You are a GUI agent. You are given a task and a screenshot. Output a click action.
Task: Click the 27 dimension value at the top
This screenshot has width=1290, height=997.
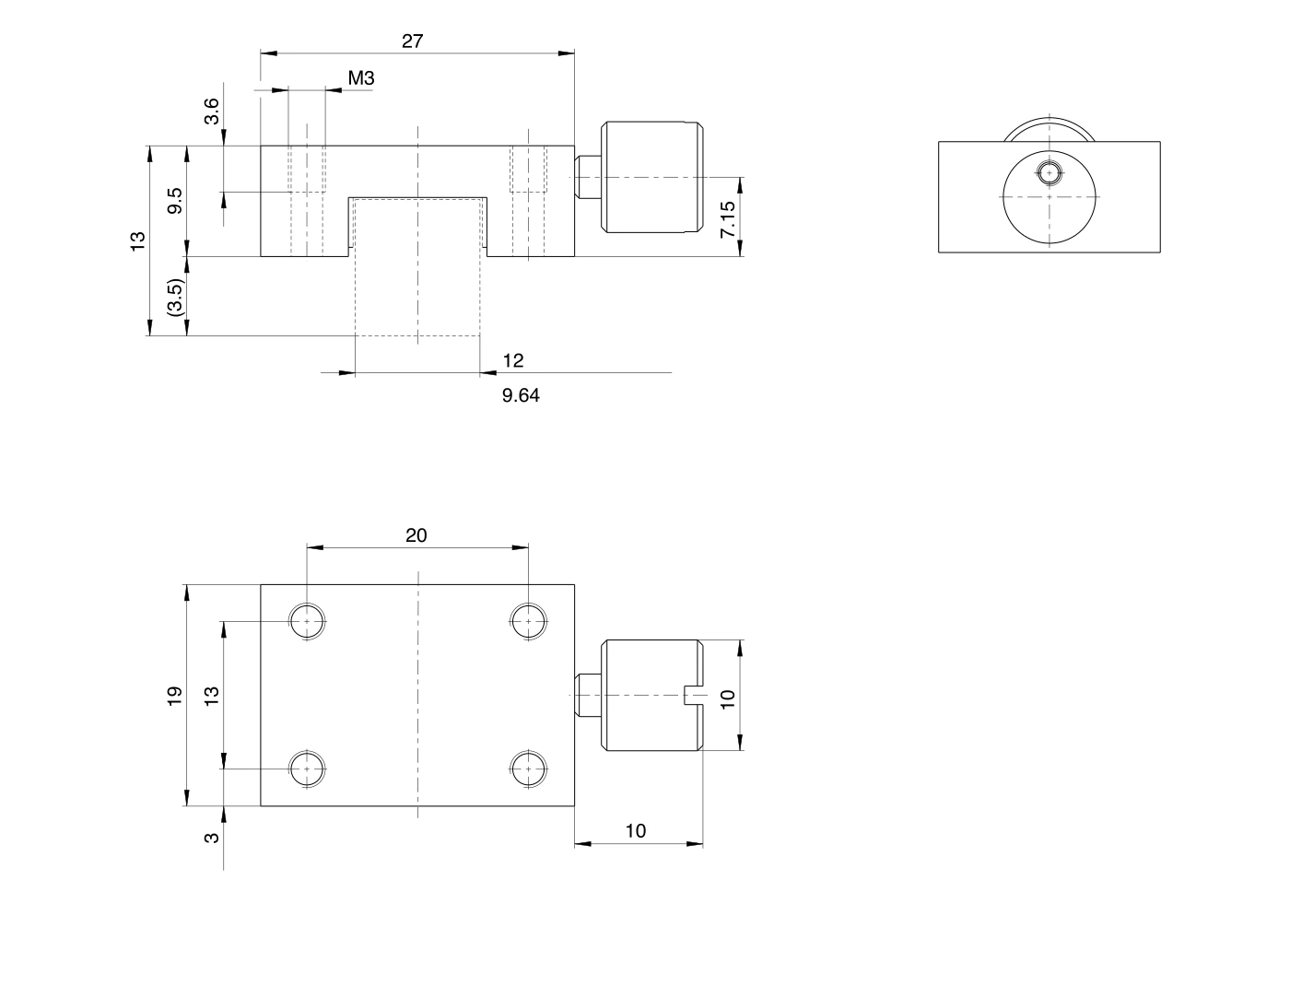tap(412, 41)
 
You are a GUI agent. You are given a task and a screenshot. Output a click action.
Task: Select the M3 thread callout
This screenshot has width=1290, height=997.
tap(361, 77)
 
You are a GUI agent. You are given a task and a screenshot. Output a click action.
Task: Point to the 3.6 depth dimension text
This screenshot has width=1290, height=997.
tap(211, 111)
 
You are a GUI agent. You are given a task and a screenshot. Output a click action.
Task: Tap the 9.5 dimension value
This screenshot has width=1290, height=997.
tap(175, 201)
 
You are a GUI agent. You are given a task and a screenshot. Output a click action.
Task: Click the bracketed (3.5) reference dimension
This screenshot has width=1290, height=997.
tap(176, 297)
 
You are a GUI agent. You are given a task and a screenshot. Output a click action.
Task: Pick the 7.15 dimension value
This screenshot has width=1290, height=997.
tap(728, 219)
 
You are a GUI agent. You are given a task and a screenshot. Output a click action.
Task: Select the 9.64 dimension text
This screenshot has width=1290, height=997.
tap(521, 395)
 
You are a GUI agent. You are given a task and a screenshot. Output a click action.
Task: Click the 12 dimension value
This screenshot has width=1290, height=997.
tap(513, 360)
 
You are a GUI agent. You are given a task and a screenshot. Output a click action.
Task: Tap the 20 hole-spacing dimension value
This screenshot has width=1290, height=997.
tap(416, 535)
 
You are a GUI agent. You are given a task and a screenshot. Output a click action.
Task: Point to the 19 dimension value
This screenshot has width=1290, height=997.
tap(174, 696)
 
